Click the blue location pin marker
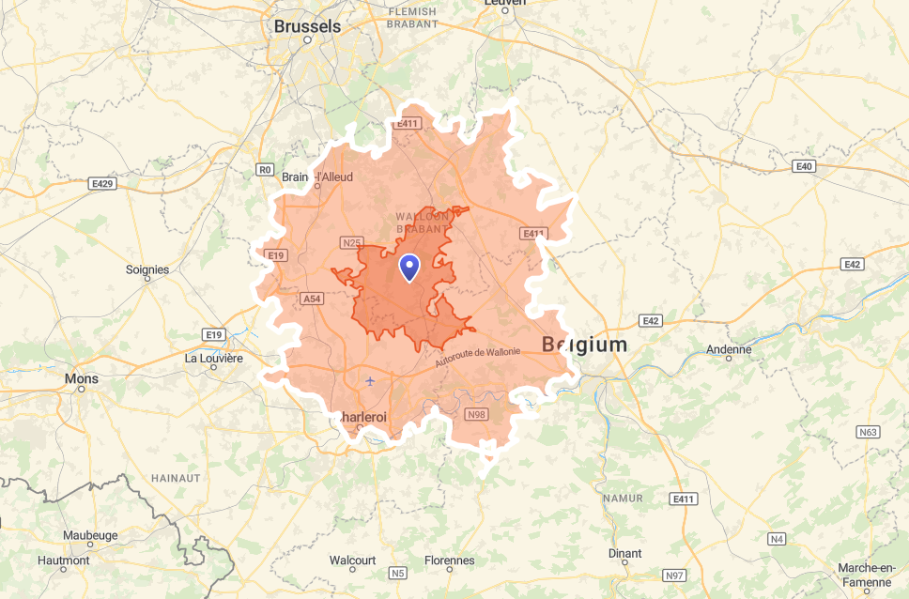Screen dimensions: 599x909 pyautogui.click(x=409, y=268)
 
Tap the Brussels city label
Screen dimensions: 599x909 pyautogui.click(x=307, y=27)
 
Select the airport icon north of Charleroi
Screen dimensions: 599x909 pyautogui.click(x=370, y=380)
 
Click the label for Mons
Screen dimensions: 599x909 pyautogui.click(x=81, y=378)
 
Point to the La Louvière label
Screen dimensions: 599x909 pyautogui.click(x=213, y=358)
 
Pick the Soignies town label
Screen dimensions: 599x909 pyautogui.click(x=147, y=269)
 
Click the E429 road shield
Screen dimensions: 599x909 pyautogui.click(x=103, y=184)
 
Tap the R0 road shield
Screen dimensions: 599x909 pyautogui.click(x=265, y=170)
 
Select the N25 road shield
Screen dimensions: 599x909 pyautogui.click(x=351, y=243)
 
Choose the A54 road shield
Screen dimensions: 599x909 pyautogui.click(x=312, y=299)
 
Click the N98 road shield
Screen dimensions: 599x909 pyautogui.click(x=476, y=414)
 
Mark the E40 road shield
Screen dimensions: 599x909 pyautogui.click(x=802, y=166)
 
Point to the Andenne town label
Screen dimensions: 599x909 pyautogui.click(x=729, y=350)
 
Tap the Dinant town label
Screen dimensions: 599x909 pyautogui.click(x=624, y=554)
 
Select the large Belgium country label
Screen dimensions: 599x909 pyautogui.click(x=584, y=345)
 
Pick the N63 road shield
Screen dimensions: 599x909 pyautogui.click(x=868, y=432)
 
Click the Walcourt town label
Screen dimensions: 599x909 pyautogui.click(x=352, y=561)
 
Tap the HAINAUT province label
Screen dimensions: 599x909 pyautogui.click(x=176, y=478)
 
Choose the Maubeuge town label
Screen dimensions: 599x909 pyautogui.click(x=89, y=535)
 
